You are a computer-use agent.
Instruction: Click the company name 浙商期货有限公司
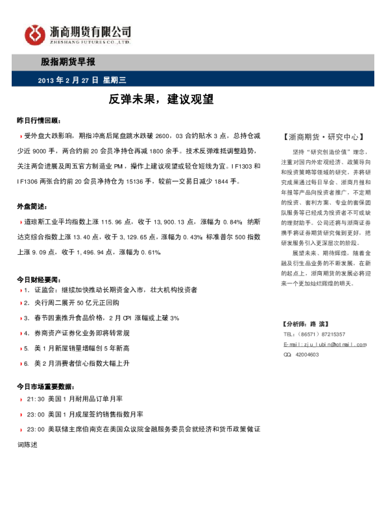(90, 30)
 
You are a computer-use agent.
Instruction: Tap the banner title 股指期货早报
(67, 63)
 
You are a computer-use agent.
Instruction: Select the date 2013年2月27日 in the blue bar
(68, 80)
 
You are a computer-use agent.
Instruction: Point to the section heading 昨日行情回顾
(38, 121)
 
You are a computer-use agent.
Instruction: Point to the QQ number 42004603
(307, 355)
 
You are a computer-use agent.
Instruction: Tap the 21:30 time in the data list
(36, 399)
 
